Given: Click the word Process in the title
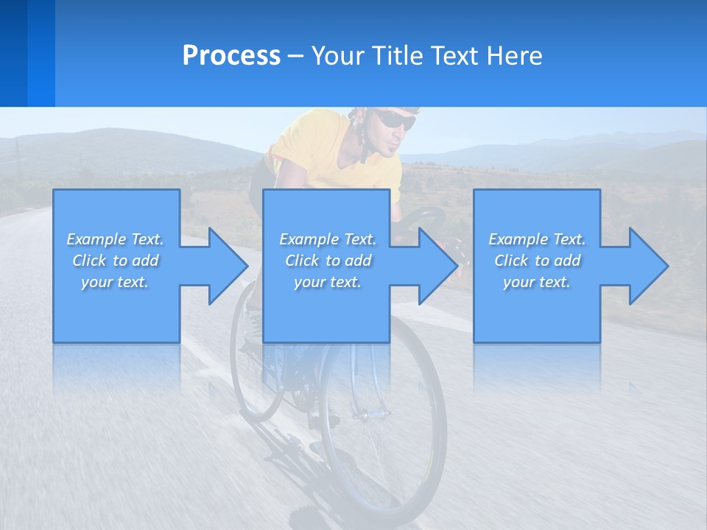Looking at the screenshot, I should tap(231, 56).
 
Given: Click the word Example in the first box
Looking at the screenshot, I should tap(96, 239).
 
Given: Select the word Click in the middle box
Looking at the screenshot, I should tap(301, 261).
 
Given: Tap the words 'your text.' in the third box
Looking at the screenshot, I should tap(536, 282).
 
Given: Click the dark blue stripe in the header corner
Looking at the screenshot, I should tap(14, 53).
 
